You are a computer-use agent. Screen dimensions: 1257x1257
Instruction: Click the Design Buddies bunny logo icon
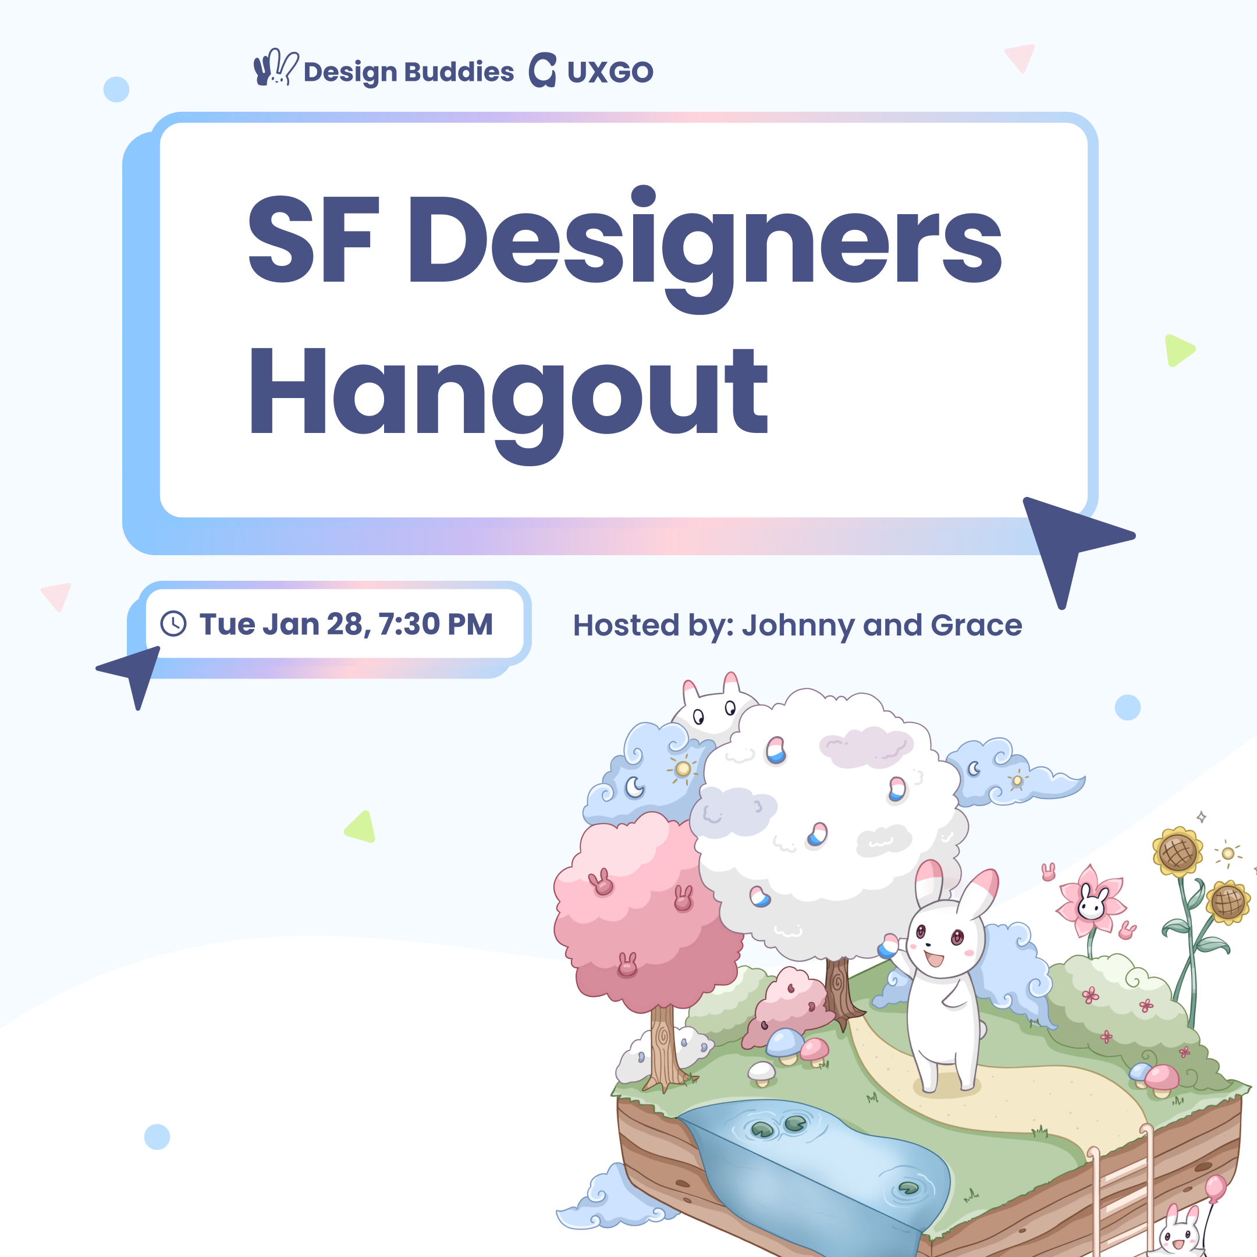276,67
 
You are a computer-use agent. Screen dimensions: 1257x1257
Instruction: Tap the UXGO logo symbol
542,70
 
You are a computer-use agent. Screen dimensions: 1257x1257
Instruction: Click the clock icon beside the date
174,623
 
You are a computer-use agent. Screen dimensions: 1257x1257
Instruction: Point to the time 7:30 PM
436,624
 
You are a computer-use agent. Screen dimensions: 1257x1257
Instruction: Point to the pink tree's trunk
665,1048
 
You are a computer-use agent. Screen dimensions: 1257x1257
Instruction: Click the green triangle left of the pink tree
361,828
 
